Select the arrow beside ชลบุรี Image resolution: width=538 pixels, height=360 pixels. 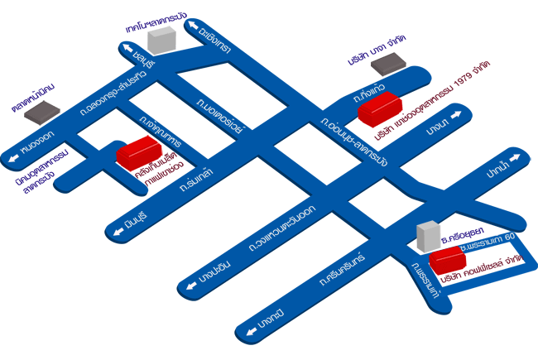pos(128,52)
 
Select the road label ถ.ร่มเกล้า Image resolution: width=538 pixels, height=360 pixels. pos(196,170)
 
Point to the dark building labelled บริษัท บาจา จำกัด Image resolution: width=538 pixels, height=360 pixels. pos(386,61)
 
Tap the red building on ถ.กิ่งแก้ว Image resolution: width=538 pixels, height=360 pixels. pos(379,109)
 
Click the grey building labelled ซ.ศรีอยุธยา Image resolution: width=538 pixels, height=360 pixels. pos(428,235)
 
